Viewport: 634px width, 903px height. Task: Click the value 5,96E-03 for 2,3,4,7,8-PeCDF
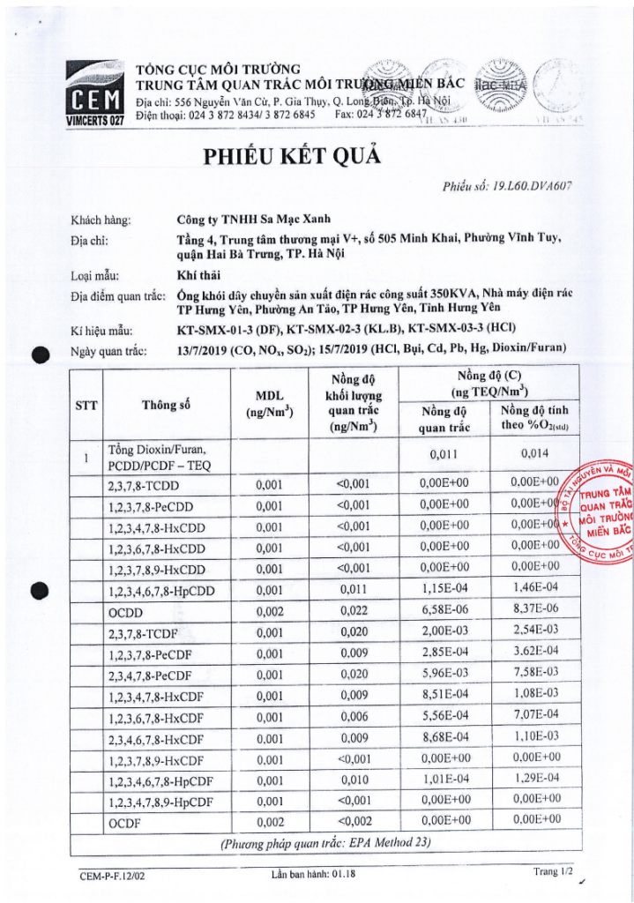(442, 675)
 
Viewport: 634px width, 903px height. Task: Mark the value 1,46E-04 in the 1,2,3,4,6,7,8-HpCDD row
(535, 591)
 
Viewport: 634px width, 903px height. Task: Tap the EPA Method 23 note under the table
(324, 843)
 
